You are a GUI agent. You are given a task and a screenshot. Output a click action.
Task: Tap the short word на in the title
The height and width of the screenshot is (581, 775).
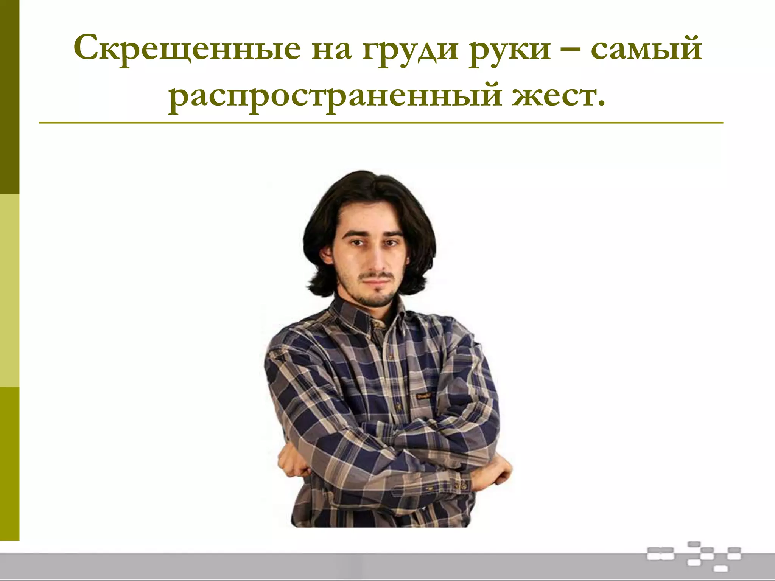(331, 51)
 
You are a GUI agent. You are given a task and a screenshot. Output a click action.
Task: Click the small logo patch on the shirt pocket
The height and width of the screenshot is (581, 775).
(424, 396)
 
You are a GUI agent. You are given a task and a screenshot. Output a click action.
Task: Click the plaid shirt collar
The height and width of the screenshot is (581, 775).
(356, 314)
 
